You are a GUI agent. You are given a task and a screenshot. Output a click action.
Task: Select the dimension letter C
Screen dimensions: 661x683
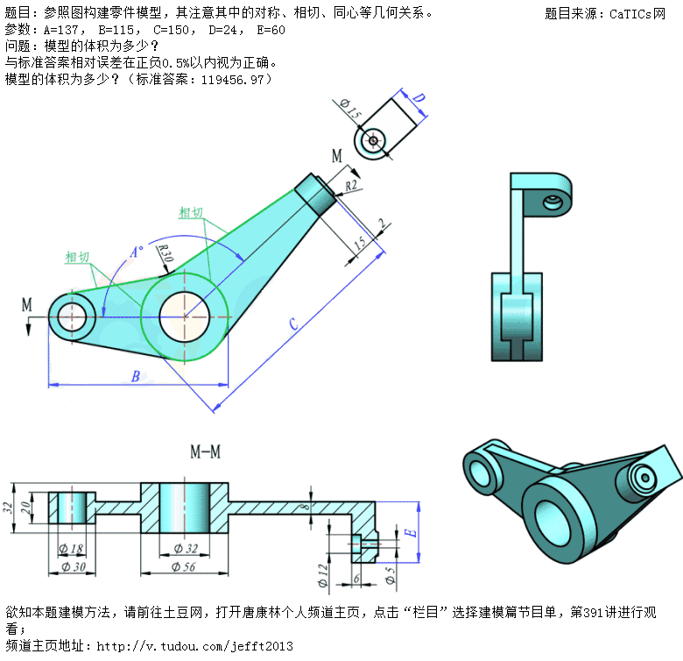click(294, 323)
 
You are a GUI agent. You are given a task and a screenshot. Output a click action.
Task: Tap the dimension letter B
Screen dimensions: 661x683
click(136, 377)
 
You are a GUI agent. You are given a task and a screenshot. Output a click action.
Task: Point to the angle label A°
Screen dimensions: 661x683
click(137, 252)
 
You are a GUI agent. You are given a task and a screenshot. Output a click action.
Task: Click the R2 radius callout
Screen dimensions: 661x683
click(351, 186)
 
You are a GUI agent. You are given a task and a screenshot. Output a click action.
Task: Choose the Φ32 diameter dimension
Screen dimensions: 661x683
click(185, 549)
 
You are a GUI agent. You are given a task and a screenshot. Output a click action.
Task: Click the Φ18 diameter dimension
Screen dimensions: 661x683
click(70, 549)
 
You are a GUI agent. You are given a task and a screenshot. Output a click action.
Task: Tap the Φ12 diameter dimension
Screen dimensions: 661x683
click(324, 576)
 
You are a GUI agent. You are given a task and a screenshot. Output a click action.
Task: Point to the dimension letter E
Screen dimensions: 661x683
click(409, 532)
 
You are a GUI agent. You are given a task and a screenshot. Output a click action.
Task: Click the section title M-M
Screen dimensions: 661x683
click(205, 452)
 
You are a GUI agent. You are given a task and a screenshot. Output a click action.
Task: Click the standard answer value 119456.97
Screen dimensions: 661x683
click(231, 79)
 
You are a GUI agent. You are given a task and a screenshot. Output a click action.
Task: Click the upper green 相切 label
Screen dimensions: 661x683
click(192, 212)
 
